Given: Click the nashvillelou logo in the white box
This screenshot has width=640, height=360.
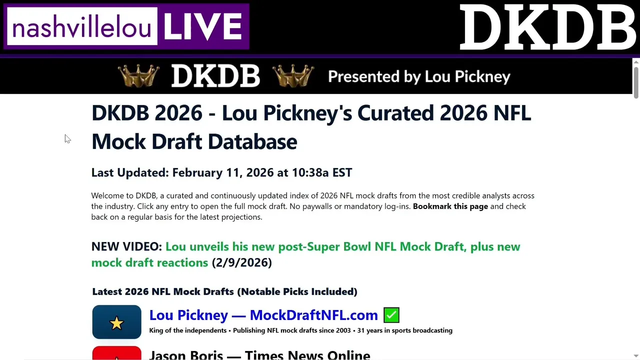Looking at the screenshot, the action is click(82, 26).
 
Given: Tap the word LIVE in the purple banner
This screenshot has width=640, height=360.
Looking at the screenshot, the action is click(203, 26).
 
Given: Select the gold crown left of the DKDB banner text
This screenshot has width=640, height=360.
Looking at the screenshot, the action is click(138, 75).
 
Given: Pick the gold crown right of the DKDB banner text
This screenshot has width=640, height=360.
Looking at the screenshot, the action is click(293, 75).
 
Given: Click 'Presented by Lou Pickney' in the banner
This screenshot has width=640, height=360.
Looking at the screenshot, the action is click(419, 76).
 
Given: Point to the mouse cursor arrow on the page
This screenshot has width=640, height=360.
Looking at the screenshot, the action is click(67, 139).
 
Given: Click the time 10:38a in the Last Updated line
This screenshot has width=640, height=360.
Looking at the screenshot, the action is click(310, 172).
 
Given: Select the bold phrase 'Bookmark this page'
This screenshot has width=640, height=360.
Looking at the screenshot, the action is click(450, 206).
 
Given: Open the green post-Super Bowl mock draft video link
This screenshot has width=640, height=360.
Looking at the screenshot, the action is click(305, 254).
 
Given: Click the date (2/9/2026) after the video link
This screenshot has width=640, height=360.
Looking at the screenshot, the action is click(241, 262).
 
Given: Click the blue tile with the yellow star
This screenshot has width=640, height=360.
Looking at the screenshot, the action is click(116, 322).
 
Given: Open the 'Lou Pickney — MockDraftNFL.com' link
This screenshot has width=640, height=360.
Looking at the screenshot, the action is click(263, 315).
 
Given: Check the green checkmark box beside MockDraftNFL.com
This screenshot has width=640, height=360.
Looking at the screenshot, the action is click(391, 315).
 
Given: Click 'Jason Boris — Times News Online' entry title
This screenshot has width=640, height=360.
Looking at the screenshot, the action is click(259, 355).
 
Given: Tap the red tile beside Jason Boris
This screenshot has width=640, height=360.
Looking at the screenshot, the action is click(116, 353).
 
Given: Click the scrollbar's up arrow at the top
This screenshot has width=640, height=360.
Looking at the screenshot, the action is click(636, 62).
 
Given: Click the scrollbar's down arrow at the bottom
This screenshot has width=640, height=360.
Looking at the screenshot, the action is click(636, 356).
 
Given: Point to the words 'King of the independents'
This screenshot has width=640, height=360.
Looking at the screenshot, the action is click(188, 330).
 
